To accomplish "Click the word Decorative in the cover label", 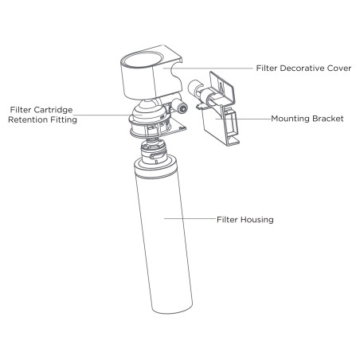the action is pos(302,68).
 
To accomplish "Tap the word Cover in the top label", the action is pos(339,68).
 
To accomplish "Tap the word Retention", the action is pos(26,119).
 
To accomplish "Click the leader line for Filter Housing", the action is pos(190,219).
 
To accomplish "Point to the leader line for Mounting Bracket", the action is pos(243,119).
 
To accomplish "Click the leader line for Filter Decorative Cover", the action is pos(208,68).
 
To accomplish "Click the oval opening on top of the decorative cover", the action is pos(143,59).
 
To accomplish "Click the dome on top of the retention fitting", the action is pos(147,109).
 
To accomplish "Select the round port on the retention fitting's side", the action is pos(182,108).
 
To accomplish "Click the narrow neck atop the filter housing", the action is pos(154,152).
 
